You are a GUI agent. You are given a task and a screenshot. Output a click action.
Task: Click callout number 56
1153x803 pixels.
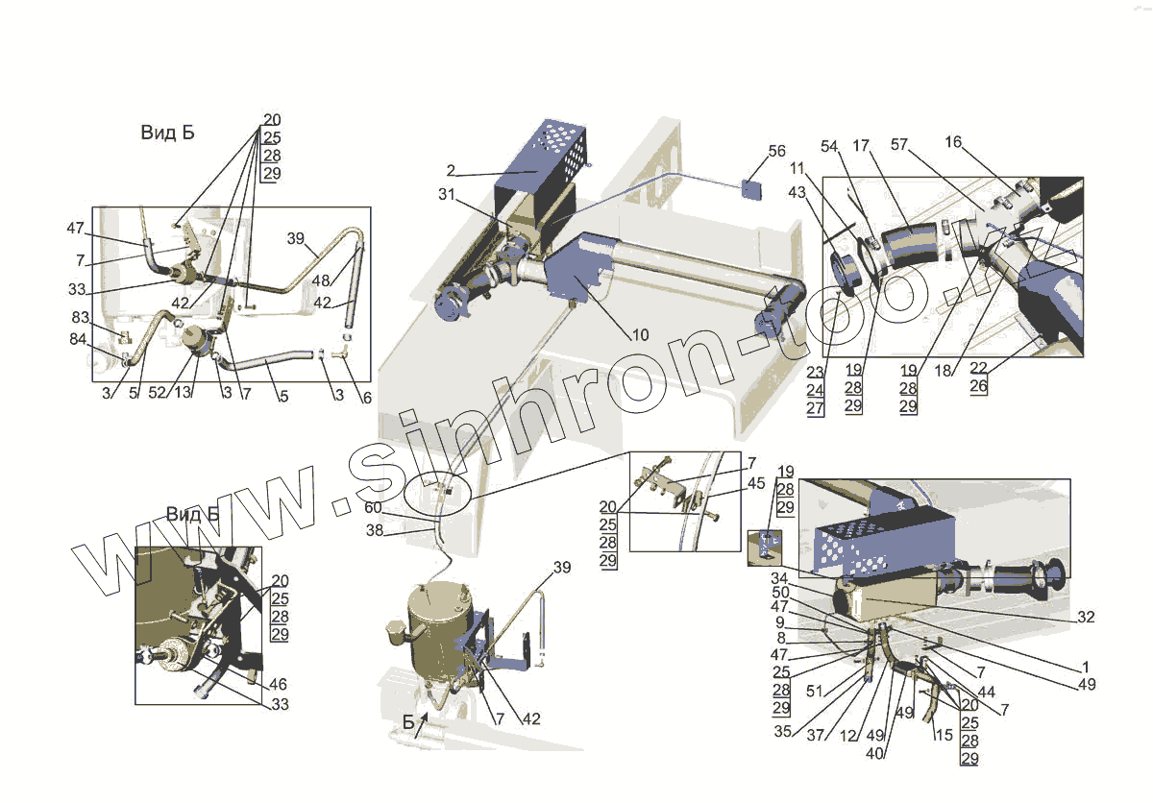(776, 151)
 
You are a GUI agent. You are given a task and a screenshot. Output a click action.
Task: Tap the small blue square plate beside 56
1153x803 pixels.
(752, 187)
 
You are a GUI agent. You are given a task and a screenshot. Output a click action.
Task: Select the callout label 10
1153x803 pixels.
(640, 335)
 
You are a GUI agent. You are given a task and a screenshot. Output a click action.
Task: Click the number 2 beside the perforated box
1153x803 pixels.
(450, 172)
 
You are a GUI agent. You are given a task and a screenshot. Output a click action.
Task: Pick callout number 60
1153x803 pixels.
(373, 508)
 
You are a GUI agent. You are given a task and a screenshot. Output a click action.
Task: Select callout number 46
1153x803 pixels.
(277, 685)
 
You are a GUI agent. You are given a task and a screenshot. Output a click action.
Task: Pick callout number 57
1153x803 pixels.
(899, 144)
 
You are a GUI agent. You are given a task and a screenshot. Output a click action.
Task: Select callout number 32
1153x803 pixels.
(1086, 617)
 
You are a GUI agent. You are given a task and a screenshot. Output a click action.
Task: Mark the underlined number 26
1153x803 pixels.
(1005, 386)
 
